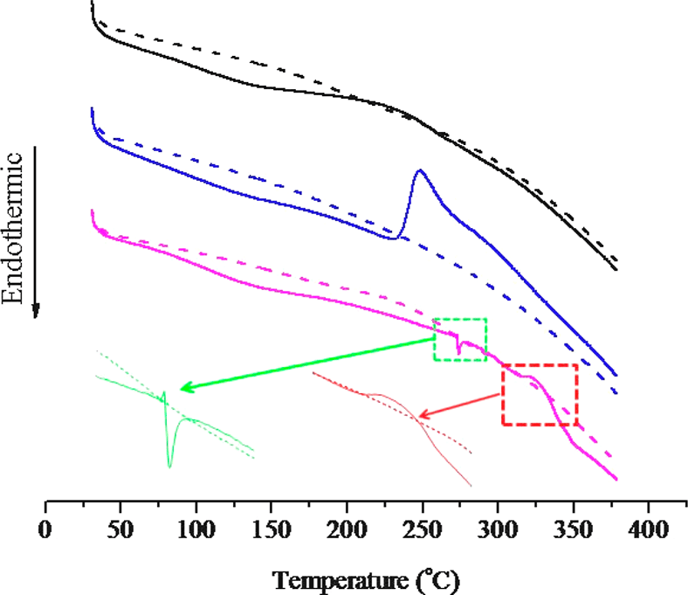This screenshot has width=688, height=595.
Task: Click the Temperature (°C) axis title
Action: click(x=366, y=578)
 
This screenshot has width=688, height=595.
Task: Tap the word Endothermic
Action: click(x=12, y=227)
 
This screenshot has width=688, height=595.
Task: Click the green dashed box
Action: click(x=460, y=339)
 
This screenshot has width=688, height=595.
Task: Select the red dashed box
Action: click(x=539, y=394)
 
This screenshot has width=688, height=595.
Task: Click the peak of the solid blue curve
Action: click(x=420, y=170)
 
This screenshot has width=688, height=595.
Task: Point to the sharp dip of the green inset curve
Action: click(x=169, y=466)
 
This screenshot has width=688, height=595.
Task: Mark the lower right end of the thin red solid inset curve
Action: click(x=471, y=485)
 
